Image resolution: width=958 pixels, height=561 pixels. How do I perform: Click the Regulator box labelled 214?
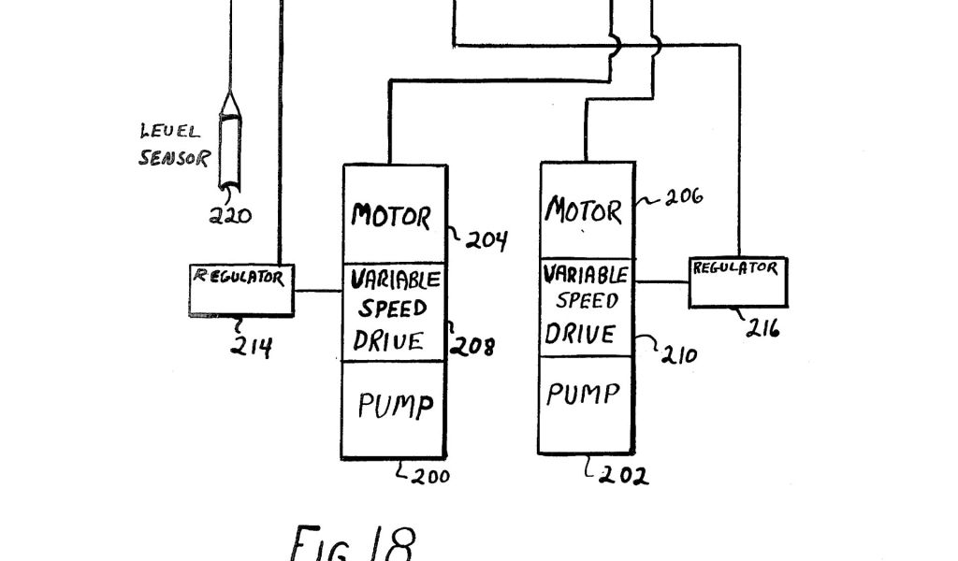point(241,290)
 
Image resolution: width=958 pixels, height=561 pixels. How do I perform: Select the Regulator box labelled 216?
point(737,281)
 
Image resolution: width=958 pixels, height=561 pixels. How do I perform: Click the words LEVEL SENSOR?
point(173,145)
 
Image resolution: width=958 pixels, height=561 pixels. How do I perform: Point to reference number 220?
point(229,216)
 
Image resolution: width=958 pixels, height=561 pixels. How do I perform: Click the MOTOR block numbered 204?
point(394,214)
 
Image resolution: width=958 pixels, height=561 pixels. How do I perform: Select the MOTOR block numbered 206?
point(587,209)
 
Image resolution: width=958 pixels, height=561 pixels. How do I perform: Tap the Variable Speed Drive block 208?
point(394,312)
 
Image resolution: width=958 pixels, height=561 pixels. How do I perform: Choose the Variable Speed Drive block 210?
point(587,306)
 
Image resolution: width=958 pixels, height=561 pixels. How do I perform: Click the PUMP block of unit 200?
point(394,409)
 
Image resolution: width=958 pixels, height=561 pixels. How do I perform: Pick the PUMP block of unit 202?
point(587,404)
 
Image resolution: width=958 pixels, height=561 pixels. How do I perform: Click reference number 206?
point(684,196)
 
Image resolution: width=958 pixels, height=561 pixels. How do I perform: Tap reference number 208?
point(474,347)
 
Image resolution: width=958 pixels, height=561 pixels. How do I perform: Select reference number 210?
point(678,354)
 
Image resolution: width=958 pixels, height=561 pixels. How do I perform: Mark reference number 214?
point(252,347)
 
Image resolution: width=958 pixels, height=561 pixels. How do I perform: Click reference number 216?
point(764,328)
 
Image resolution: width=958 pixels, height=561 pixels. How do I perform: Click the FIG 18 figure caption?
point(351,542)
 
